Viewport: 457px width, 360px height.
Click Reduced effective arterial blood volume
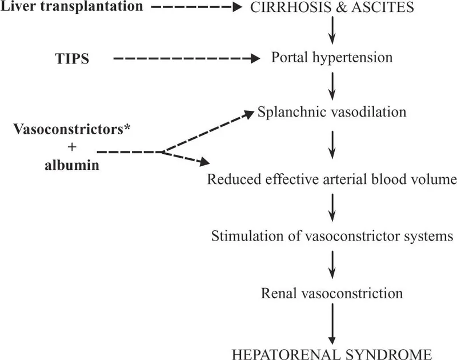(x=332, y=181)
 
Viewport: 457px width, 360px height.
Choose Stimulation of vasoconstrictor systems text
(x=332, y=236)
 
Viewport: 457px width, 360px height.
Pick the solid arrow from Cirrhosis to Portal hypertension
(x=332, y=33)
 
